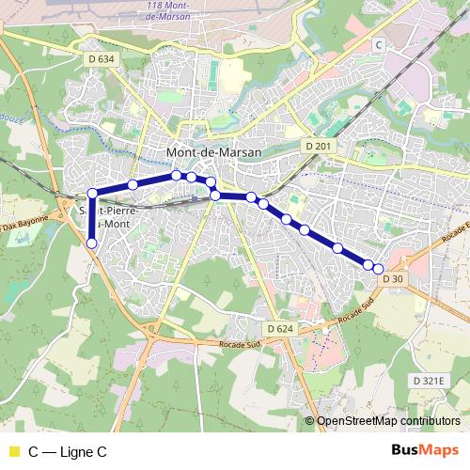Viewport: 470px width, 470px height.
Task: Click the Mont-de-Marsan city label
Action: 213,150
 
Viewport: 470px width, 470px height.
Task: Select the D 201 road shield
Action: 319,146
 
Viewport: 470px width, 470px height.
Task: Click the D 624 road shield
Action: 280,328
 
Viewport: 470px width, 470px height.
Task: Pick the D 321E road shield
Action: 432,380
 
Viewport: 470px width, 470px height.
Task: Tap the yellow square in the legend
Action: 13,452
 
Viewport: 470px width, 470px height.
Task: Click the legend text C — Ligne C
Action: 68,452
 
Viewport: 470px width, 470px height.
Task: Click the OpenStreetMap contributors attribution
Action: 388,421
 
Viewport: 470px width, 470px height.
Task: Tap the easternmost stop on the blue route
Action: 379,269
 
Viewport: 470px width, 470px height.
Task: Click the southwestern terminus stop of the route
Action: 92,243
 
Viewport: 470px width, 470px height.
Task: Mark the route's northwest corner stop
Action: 93,194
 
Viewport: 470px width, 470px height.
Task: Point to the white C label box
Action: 378,44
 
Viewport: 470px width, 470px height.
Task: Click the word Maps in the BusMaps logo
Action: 440,451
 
